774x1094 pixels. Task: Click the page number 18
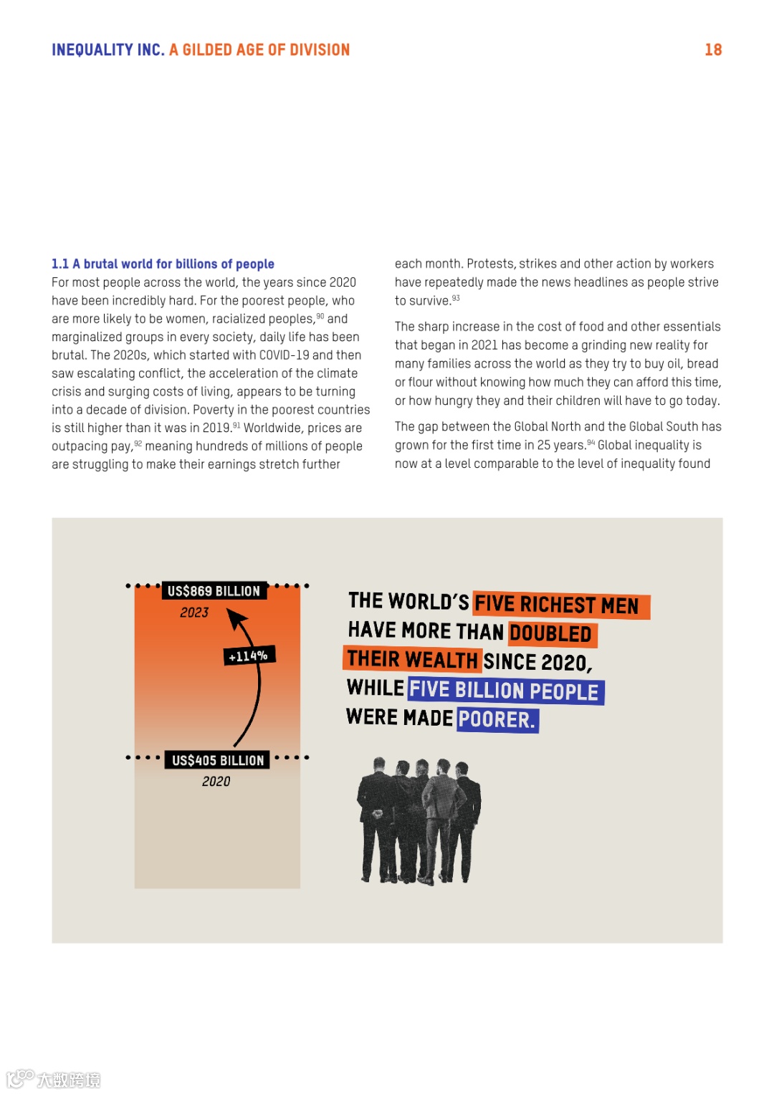coord(713,49)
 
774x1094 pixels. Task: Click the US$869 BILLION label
coord(214,591)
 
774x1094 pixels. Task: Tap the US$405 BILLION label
coord(218,760)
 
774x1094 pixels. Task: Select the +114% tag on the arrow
coord(248,656)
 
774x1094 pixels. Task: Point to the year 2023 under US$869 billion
coord(194,613)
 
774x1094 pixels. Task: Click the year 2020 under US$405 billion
coord(216,782)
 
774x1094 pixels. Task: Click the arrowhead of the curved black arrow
coord(234,617)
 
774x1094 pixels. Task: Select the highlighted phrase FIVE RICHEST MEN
coord(558,605)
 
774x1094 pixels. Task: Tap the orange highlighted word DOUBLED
coord(550,634)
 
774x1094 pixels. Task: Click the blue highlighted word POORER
coord(497,719)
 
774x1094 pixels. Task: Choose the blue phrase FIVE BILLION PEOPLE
coord(505,691)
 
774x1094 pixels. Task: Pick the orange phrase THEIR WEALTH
coord(412,659)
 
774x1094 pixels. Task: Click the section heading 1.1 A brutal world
coord(163,264)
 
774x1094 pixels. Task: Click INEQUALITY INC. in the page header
coord(107,49)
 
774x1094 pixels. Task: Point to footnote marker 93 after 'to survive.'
coord(456,298)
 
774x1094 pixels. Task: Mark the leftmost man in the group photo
coord(375,817)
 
